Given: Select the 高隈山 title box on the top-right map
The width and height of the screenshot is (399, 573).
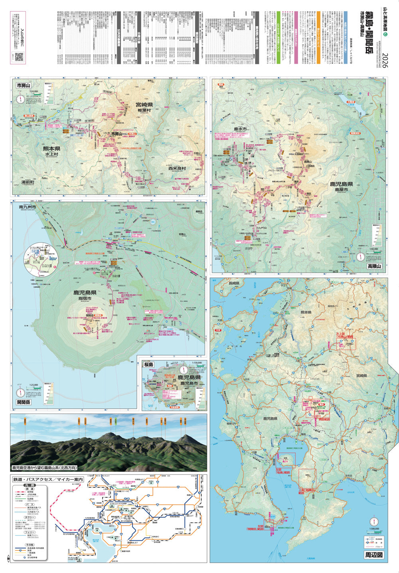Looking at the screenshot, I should (375, 266).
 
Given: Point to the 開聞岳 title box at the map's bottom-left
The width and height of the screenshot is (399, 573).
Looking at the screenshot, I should (24, 402).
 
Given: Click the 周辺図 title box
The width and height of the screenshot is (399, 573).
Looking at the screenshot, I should (374, 555).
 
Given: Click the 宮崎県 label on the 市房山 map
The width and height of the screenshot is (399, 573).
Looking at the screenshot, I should (144, 105).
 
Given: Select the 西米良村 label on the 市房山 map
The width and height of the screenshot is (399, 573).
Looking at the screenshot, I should (177, 168).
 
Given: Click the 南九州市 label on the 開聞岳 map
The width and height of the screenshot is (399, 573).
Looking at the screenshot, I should (27, 207).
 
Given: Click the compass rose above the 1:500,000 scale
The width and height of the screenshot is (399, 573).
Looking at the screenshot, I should (374, 522).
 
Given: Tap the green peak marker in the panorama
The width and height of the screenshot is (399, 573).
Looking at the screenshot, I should (113, 420).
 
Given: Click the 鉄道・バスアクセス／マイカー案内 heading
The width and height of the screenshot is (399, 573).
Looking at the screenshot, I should (47, 479).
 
